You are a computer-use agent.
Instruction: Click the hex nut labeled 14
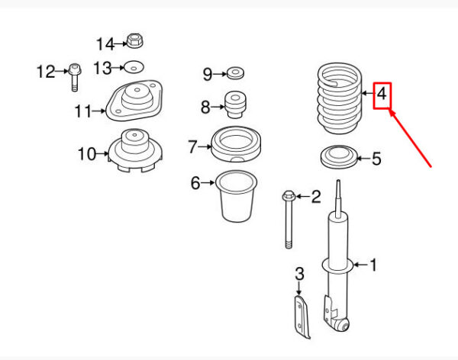point(134,41)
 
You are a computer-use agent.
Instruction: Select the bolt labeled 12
point(75,77)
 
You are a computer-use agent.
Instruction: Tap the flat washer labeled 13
point(134,68)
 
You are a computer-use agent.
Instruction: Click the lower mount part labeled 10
point(135,150)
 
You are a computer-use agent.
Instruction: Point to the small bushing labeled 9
point(235,73)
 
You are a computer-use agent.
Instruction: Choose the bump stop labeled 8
point(235,104)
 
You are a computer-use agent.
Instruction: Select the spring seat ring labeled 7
point(236,144)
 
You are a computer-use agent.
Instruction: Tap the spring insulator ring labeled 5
point(339,157)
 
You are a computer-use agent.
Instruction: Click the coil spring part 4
point(340,98)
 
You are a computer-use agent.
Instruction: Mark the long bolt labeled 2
point(289,219)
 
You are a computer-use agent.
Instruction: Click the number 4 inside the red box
point(382,95)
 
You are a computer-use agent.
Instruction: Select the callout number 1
point(373,265)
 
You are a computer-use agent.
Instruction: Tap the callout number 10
point(87,154)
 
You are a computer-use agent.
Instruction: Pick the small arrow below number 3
point(298,288)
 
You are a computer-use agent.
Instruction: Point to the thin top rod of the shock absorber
point(338,198)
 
